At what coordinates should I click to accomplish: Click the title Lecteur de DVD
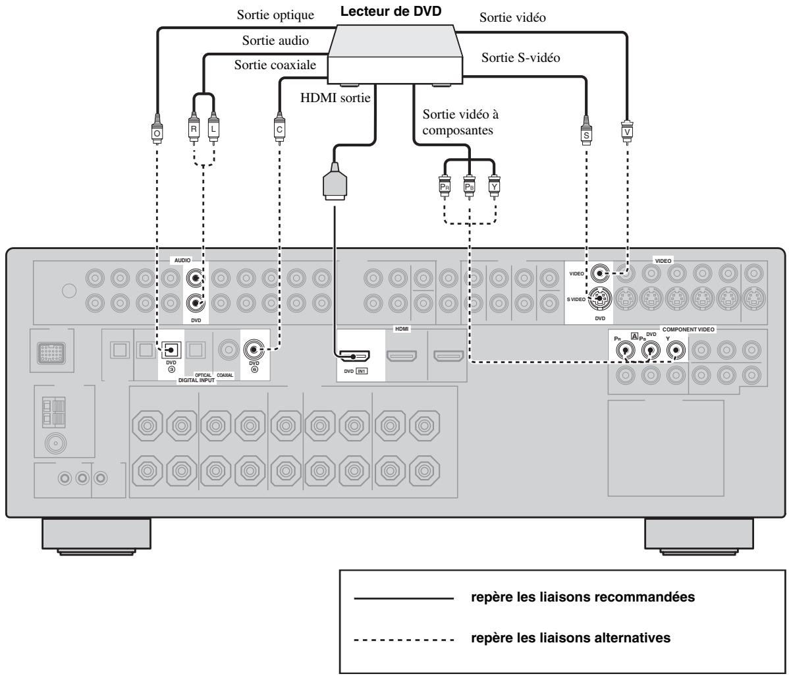point(391,11)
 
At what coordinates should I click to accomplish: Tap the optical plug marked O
point(157,129)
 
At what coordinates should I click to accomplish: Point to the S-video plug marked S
point(585,131)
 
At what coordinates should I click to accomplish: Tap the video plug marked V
point(627,129)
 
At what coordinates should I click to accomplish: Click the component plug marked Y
point(494,184)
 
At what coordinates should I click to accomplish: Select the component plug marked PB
point(469,184)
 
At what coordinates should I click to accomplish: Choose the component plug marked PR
point(445,184)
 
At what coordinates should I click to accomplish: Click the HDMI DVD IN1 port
point(353,356)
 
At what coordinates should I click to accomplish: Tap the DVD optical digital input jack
point(171,349)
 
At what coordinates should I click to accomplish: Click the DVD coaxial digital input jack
point(254,349)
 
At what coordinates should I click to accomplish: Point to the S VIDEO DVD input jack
point(599,299)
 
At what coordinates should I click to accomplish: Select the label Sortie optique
point(275,15)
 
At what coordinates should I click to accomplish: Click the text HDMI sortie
point(335,98)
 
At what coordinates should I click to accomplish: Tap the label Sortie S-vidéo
point(521,57)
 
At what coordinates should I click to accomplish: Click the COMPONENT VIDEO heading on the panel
point(688,329)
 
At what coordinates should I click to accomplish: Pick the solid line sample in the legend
point(404,598)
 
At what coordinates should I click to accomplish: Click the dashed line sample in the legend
point(404,640)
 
